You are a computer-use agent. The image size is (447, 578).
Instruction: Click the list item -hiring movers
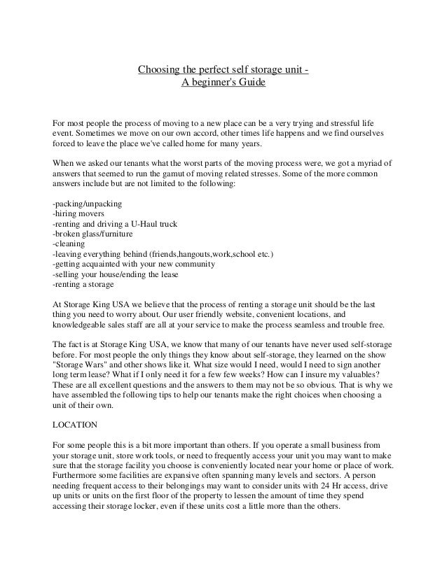click(x=79, y=213)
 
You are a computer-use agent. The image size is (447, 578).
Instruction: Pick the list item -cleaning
click(x=69, y=244)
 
